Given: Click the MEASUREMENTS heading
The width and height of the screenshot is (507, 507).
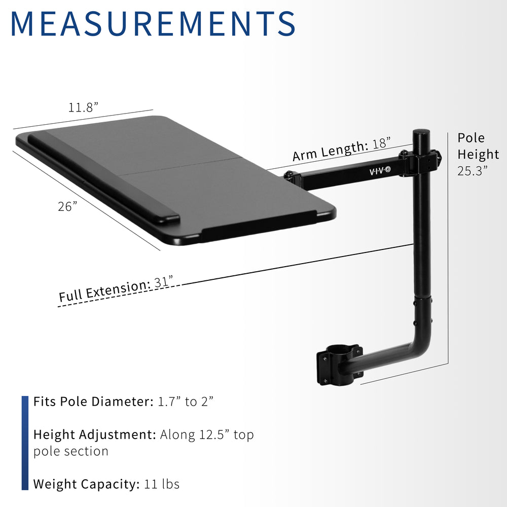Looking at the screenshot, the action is point(153,24).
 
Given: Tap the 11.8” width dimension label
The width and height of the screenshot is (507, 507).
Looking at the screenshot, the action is point(83,107).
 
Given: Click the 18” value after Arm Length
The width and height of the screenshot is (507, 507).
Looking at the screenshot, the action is point(381,143).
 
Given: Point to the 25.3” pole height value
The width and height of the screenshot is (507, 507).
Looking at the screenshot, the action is point(472,171).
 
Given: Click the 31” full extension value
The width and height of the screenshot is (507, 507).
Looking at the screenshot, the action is point(164,282).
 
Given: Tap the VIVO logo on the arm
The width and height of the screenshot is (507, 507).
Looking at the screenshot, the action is point(380,171).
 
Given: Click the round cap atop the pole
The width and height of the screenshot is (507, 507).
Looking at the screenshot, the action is point(421,132).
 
